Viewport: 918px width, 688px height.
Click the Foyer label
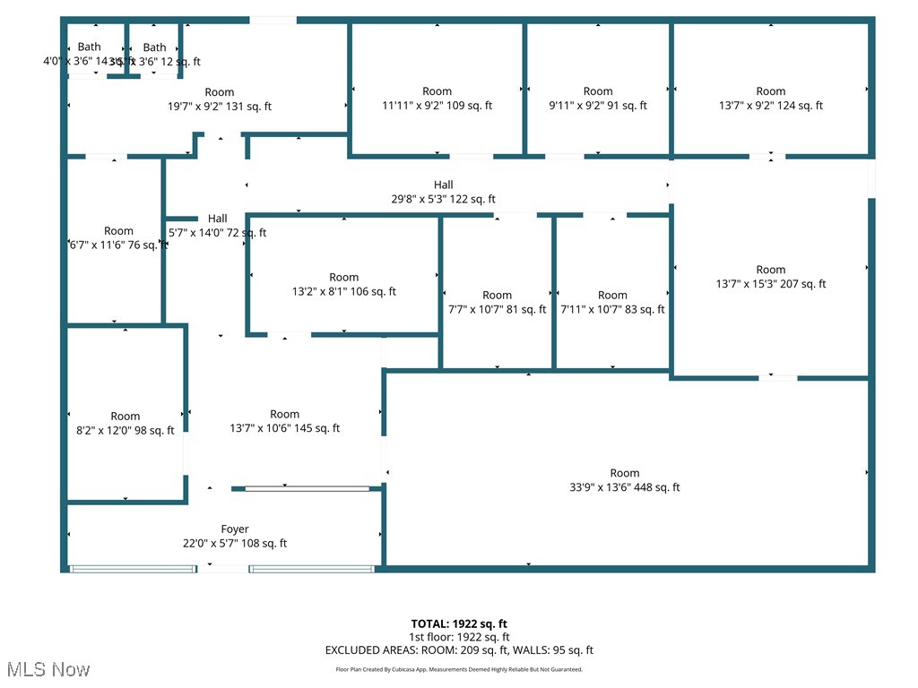pos(235,529)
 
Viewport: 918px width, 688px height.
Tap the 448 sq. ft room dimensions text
pos(625,487)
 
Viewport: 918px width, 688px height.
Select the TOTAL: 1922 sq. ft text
pos(459,623)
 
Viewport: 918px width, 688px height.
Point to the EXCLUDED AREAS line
pos(459,650)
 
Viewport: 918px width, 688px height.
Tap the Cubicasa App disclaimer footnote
pos(459,669)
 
